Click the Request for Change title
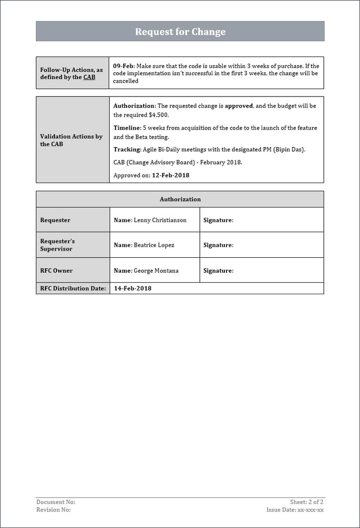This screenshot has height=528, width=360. (180, 32)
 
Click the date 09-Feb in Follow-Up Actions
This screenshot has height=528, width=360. (123, 66)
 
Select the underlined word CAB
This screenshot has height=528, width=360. (89, 77)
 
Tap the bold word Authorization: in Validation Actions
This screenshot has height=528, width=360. (134, 106)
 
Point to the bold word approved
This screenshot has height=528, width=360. (239, 106)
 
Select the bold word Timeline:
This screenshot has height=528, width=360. (127, 128)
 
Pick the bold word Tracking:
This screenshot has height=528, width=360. (127, 150)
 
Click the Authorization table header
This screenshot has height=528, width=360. (180, 199)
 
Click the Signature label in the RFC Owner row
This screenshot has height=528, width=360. (218, 271)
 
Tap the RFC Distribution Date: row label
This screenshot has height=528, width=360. (73, 288)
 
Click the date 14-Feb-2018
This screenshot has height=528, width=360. (132, 288)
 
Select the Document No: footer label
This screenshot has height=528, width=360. (56, 502)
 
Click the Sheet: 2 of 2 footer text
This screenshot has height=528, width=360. (306, 502)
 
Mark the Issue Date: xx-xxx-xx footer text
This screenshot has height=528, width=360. (295, 509)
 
